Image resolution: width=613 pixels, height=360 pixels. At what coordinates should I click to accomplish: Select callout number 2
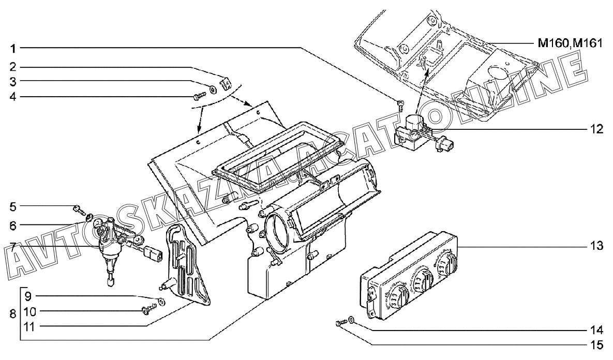[x=14, y=67]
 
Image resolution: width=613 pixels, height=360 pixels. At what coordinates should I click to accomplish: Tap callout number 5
[x=14, y=207]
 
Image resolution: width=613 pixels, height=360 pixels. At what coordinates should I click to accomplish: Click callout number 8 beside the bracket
[x=13, y=313]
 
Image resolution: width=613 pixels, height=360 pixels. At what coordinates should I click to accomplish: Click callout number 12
[x=597, y=129]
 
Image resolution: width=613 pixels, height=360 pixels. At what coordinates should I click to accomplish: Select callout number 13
[x=597, y=246]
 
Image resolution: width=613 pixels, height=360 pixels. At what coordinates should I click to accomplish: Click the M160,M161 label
[x=570, y=43]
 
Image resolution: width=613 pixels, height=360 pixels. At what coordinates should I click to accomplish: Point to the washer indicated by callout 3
[x=214, y=88]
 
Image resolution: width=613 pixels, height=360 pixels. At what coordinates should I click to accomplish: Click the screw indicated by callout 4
[x=199, y=96]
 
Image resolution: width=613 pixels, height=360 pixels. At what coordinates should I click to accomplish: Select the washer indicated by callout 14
[x=351, y=321]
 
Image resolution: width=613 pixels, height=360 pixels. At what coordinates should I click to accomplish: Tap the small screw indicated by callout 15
[x=339, y=324]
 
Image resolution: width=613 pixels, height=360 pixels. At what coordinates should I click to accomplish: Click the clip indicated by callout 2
[x=226, y=82]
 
